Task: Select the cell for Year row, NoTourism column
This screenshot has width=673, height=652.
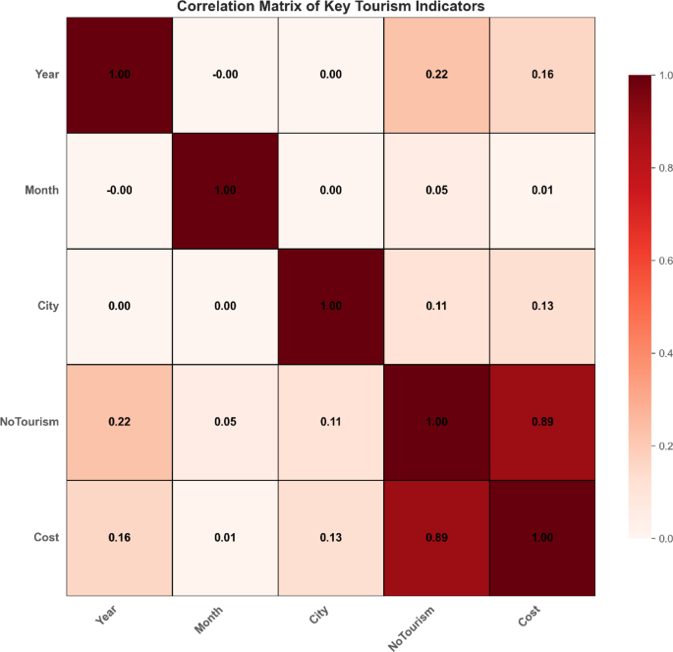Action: [436, 74]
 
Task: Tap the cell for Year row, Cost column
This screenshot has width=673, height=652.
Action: [542, 74]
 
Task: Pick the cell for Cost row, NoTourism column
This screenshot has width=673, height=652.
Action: [436, 538]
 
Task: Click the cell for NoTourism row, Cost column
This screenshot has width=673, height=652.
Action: [542, 422]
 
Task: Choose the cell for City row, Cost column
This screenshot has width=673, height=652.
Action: [542, 306]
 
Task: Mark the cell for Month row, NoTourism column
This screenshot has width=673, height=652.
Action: [436, 190]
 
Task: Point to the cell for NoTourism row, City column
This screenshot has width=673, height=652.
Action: [331, 422]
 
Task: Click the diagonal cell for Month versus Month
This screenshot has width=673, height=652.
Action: [225, 190]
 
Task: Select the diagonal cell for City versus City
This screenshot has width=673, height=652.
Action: [331, 306]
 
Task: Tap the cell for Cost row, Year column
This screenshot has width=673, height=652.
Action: [119, 538]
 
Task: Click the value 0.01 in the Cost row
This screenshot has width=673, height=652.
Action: [225, 538]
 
